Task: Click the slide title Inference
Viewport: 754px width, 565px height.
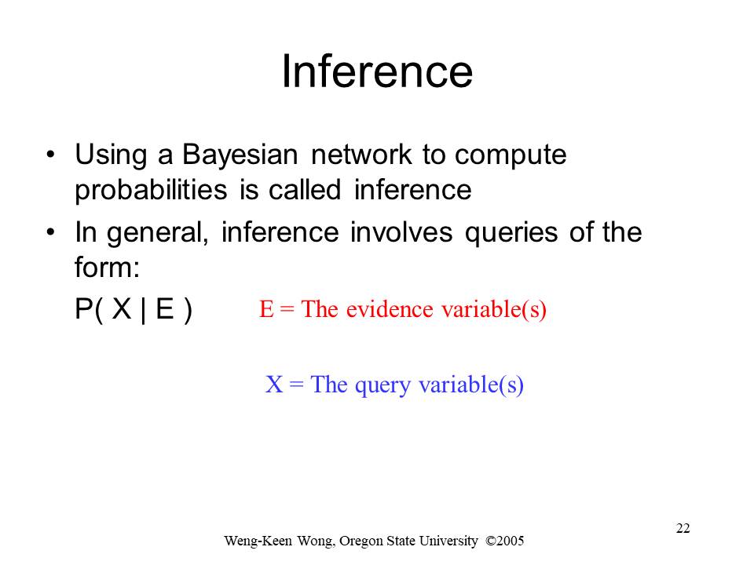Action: click(377, 71)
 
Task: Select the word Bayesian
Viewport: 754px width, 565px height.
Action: click(240, 155)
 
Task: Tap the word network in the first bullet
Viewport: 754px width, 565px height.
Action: click(361, 155)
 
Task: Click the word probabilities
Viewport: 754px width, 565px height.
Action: click(151, 191)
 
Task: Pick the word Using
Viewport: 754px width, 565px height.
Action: click(111, 155)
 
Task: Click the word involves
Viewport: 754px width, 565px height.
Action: click(401, 232)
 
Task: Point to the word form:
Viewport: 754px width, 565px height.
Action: click(108, 267)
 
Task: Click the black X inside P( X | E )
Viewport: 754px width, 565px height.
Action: click(122, 309)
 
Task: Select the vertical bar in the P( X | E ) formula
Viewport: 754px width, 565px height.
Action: click(143, 311)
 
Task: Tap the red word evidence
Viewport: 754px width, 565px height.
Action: click(390, 308)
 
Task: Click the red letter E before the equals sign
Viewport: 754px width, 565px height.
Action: click(266, 309)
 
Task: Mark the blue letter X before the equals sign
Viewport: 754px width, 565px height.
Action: click(274, 385)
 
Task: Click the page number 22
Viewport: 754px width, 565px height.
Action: click(683, 528)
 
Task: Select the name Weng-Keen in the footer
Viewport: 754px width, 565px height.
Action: click(258, 541)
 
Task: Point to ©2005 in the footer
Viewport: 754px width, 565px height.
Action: click(505, 541)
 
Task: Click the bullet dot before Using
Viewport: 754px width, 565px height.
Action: click(50, 155)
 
